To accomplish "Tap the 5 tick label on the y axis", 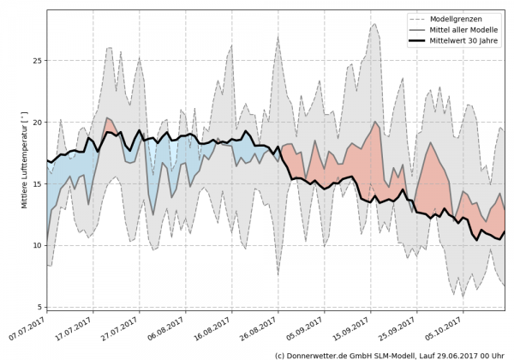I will (39, 307).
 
